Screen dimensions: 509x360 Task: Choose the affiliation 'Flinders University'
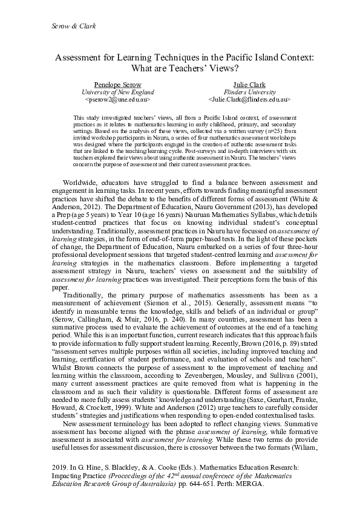pyautogui.click(x=249, y=91)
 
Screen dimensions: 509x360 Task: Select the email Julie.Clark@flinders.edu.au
pyautogui.click(x=249, y=98)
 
